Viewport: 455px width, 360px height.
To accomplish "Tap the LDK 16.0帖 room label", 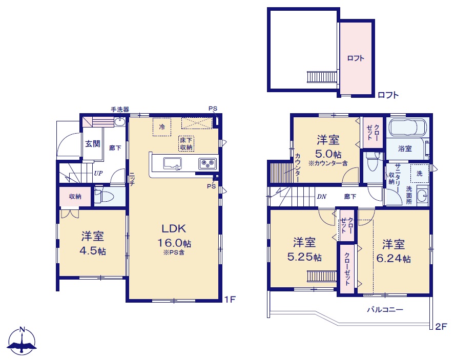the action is click(174, 239).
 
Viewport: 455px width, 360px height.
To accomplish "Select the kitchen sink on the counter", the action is click(172, 163).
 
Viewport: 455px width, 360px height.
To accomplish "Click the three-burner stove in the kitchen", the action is click(208, 164).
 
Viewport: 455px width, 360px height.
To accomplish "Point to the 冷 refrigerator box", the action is click(162, 127).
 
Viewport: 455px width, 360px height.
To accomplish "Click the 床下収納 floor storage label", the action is click(186, 143).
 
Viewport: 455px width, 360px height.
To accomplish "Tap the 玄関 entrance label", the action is click(93, 143).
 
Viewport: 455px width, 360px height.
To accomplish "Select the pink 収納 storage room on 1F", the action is click(75, 197).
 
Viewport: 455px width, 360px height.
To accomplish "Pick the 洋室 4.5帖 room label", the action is click(93, 243).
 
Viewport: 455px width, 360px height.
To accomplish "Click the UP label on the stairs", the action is click(98, 173).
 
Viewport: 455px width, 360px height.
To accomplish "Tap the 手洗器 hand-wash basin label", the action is click(120, 110).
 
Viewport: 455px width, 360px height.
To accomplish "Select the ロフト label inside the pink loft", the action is click(356, 58).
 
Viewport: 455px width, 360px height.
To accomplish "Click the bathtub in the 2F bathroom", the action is click(408, 128).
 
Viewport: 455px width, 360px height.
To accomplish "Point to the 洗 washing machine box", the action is click(420, 174).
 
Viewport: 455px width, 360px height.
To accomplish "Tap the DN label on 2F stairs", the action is click(322, 197).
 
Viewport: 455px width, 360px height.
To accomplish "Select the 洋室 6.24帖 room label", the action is click(394, 251).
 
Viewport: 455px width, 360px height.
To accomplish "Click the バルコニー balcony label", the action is click(385, 309).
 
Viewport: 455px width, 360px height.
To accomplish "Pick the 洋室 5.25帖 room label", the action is click(304, 249).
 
